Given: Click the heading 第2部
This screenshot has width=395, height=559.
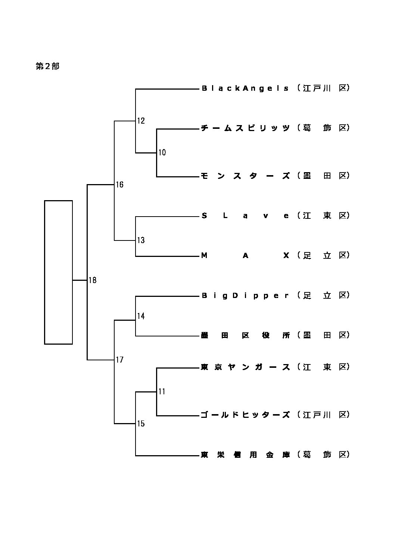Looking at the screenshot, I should [47, 66].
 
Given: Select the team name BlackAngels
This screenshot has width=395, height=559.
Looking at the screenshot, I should [245, 88].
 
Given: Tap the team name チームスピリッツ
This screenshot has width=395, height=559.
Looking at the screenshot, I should [245, 128].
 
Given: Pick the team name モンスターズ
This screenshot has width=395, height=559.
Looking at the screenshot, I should [245, 176].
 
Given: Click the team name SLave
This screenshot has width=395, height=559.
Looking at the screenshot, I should [245, 216].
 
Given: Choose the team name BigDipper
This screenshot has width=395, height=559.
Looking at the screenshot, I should [245, 296].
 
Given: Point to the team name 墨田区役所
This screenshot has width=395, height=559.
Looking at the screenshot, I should [245, 335].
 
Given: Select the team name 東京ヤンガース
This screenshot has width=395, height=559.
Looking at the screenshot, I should [245, 367].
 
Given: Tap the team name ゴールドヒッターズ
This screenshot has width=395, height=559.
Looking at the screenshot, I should [245, 415].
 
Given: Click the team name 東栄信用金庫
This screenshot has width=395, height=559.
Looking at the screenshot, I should [245, 455].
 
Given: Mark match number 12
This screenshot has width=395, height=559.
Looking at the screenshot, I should [141, 121].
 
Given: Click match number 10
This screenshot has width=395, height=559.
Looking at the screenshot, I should [162, 152].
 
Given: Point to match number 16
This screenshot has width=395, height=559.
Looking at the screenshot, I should [119, 184].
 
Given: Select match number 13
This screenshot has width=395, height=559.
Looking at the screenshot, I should [141, 240].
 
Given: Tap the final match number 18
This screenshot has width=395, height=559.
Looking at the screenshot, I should [93, 280].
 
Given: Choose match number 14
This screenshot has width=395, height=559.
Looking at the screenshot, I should [141, 316].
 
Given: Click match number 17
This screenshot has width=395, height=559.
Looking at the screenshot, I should [119, 360].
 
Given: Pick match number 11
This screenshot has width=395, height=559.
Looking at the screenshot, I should [162, 392].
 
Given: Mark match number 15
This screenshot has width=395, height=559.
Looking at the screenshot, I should [141, 424].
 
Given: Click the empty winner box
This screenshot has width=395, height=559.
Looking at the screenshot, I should [58, 272].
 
